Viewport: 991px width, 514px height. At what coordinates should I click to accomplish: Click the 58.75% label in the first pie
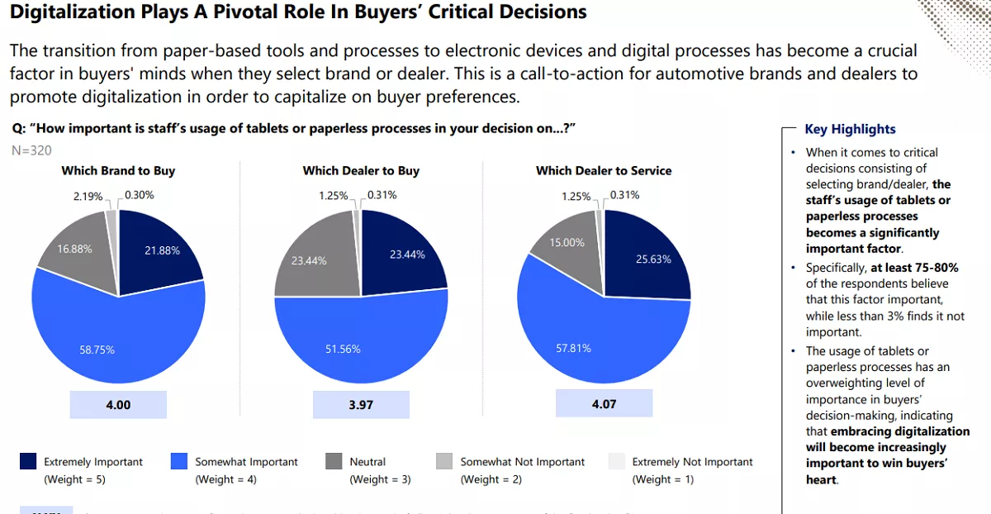point(97,350)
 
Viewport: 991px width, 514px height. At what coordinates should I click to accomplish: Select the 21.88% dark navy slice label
point(162,250)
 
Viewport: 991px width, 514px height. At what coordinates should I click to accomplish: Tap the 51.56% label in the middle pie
point(343,349)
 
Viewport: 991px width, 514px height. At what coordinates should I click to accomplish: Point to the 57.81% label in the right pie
point(573,348)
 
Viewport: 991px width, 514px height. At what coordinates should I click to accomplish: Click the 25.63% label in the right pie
point(653,259)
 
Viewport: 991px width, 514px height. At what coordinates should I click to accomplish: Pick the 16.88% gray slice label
point(74,249)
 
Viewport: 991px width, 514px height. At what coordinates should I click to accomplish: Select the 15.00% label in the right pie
point(567,242)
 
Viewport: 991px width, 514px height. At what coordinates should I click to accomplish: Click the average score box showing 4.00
point(118,405)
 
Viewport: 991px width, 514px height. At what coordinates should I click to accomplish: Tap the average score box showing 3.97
point(361,405)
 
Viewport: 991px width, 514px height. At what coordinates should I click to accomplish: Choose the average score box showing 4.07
point(604,405)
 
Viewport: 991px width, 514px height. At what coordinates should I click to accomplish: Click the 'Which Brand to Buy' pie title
point(118,171)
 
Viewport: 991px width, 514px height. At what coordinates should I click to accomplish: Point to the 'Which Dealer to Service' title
point(604,171)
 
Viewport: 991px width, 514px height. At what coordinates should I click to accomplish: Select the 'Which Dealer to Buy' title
point(361,171)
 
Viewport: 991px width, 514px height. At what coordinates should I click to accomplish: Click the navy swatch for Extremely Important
point(28,462)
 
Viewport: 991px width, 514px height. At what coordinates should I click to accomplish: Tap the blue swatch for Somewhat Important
point(178,462)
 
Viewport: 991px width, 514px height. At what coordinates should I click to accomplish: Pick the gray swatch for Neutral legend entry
point(334,462)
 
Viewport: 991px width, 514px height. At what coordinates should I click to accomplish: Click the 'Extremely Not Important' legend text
point(692,462)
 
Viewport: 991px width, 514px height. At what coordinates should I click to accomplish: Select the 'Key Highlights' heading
point(850,129)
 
